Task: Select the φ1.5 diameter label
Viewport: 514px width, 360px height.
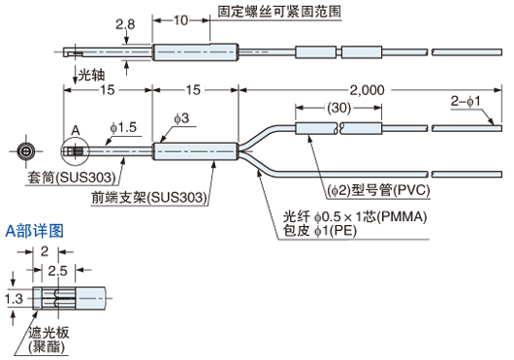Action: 124,127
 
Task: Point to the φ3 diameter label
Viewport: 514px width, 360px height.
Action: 180,118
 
